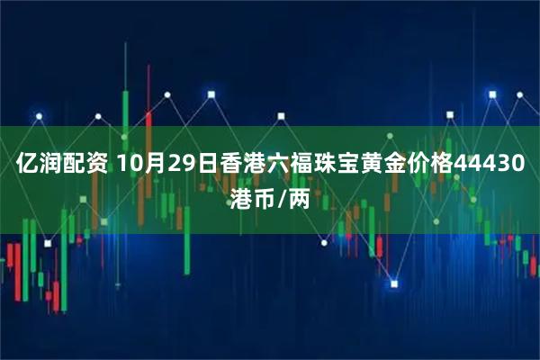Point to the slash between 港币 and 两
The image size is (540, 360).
pos(282,198)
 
